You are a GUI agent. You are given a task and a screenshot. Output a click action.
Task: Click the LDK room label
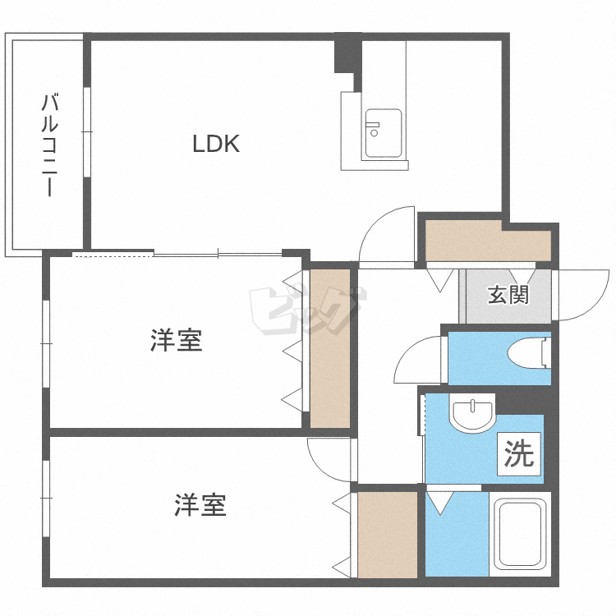215,145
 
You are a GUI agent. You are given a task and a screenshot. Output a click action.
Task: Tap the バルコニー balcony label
49,145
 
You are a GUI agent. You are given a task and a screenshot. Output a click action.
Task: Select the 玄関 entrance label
508,295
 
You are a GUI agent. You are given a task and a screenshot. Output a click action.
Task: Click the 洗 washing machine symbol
519,454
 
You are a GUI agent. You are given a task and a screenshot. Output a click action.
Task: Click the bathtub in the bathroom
519,534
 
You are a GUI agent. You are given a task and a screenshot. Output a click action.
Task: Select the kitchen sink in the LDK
383,133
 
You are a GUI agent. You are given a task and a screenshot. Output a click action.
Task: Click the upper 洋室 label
176,339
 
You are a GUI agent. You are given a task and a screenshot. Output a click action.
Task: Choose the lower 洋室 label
200,504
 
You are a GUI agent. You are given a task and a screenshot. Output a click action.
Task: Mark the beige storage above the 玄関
487,242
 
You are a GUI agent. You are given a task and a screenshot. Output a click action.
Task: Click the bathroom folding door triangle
440,502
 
